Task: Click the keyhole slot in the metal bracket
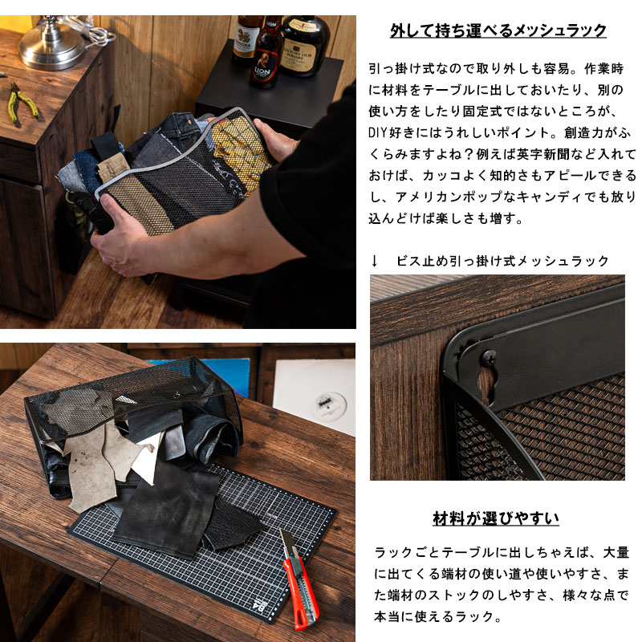[486, 384]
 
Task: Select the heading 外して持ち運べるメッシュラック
[498, 30]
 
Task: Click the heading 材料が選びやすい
[496, 518]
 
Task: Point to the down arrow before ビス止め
[374, 261]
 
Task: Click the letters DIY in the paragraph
[377, 132]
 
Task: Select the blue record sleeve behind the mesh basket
[226, 376]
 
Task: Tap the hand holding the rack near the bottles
[274, 140]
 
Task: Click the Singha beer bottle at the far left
[245, 39]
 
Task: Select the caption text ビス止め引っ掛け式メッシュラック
[502, 261]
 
